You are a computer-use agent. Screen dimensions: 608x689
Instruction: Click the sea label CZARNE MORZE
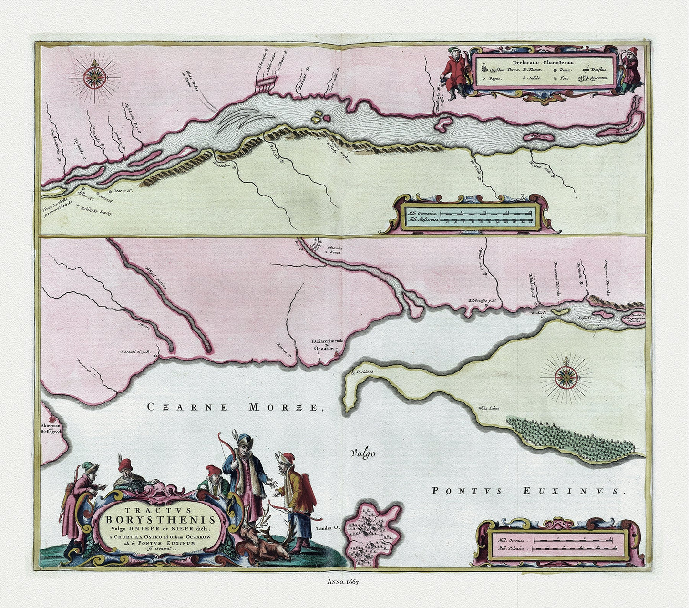point(232,407)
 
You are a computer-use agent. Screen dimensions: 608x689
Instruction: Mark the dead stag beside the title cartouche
point(265,544)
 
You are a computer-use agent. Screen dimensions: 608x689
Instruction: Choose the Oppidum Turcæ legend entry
point(504,70)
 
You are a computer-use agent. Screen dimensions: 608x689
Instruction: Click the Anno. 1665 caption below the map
point(342,582)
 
